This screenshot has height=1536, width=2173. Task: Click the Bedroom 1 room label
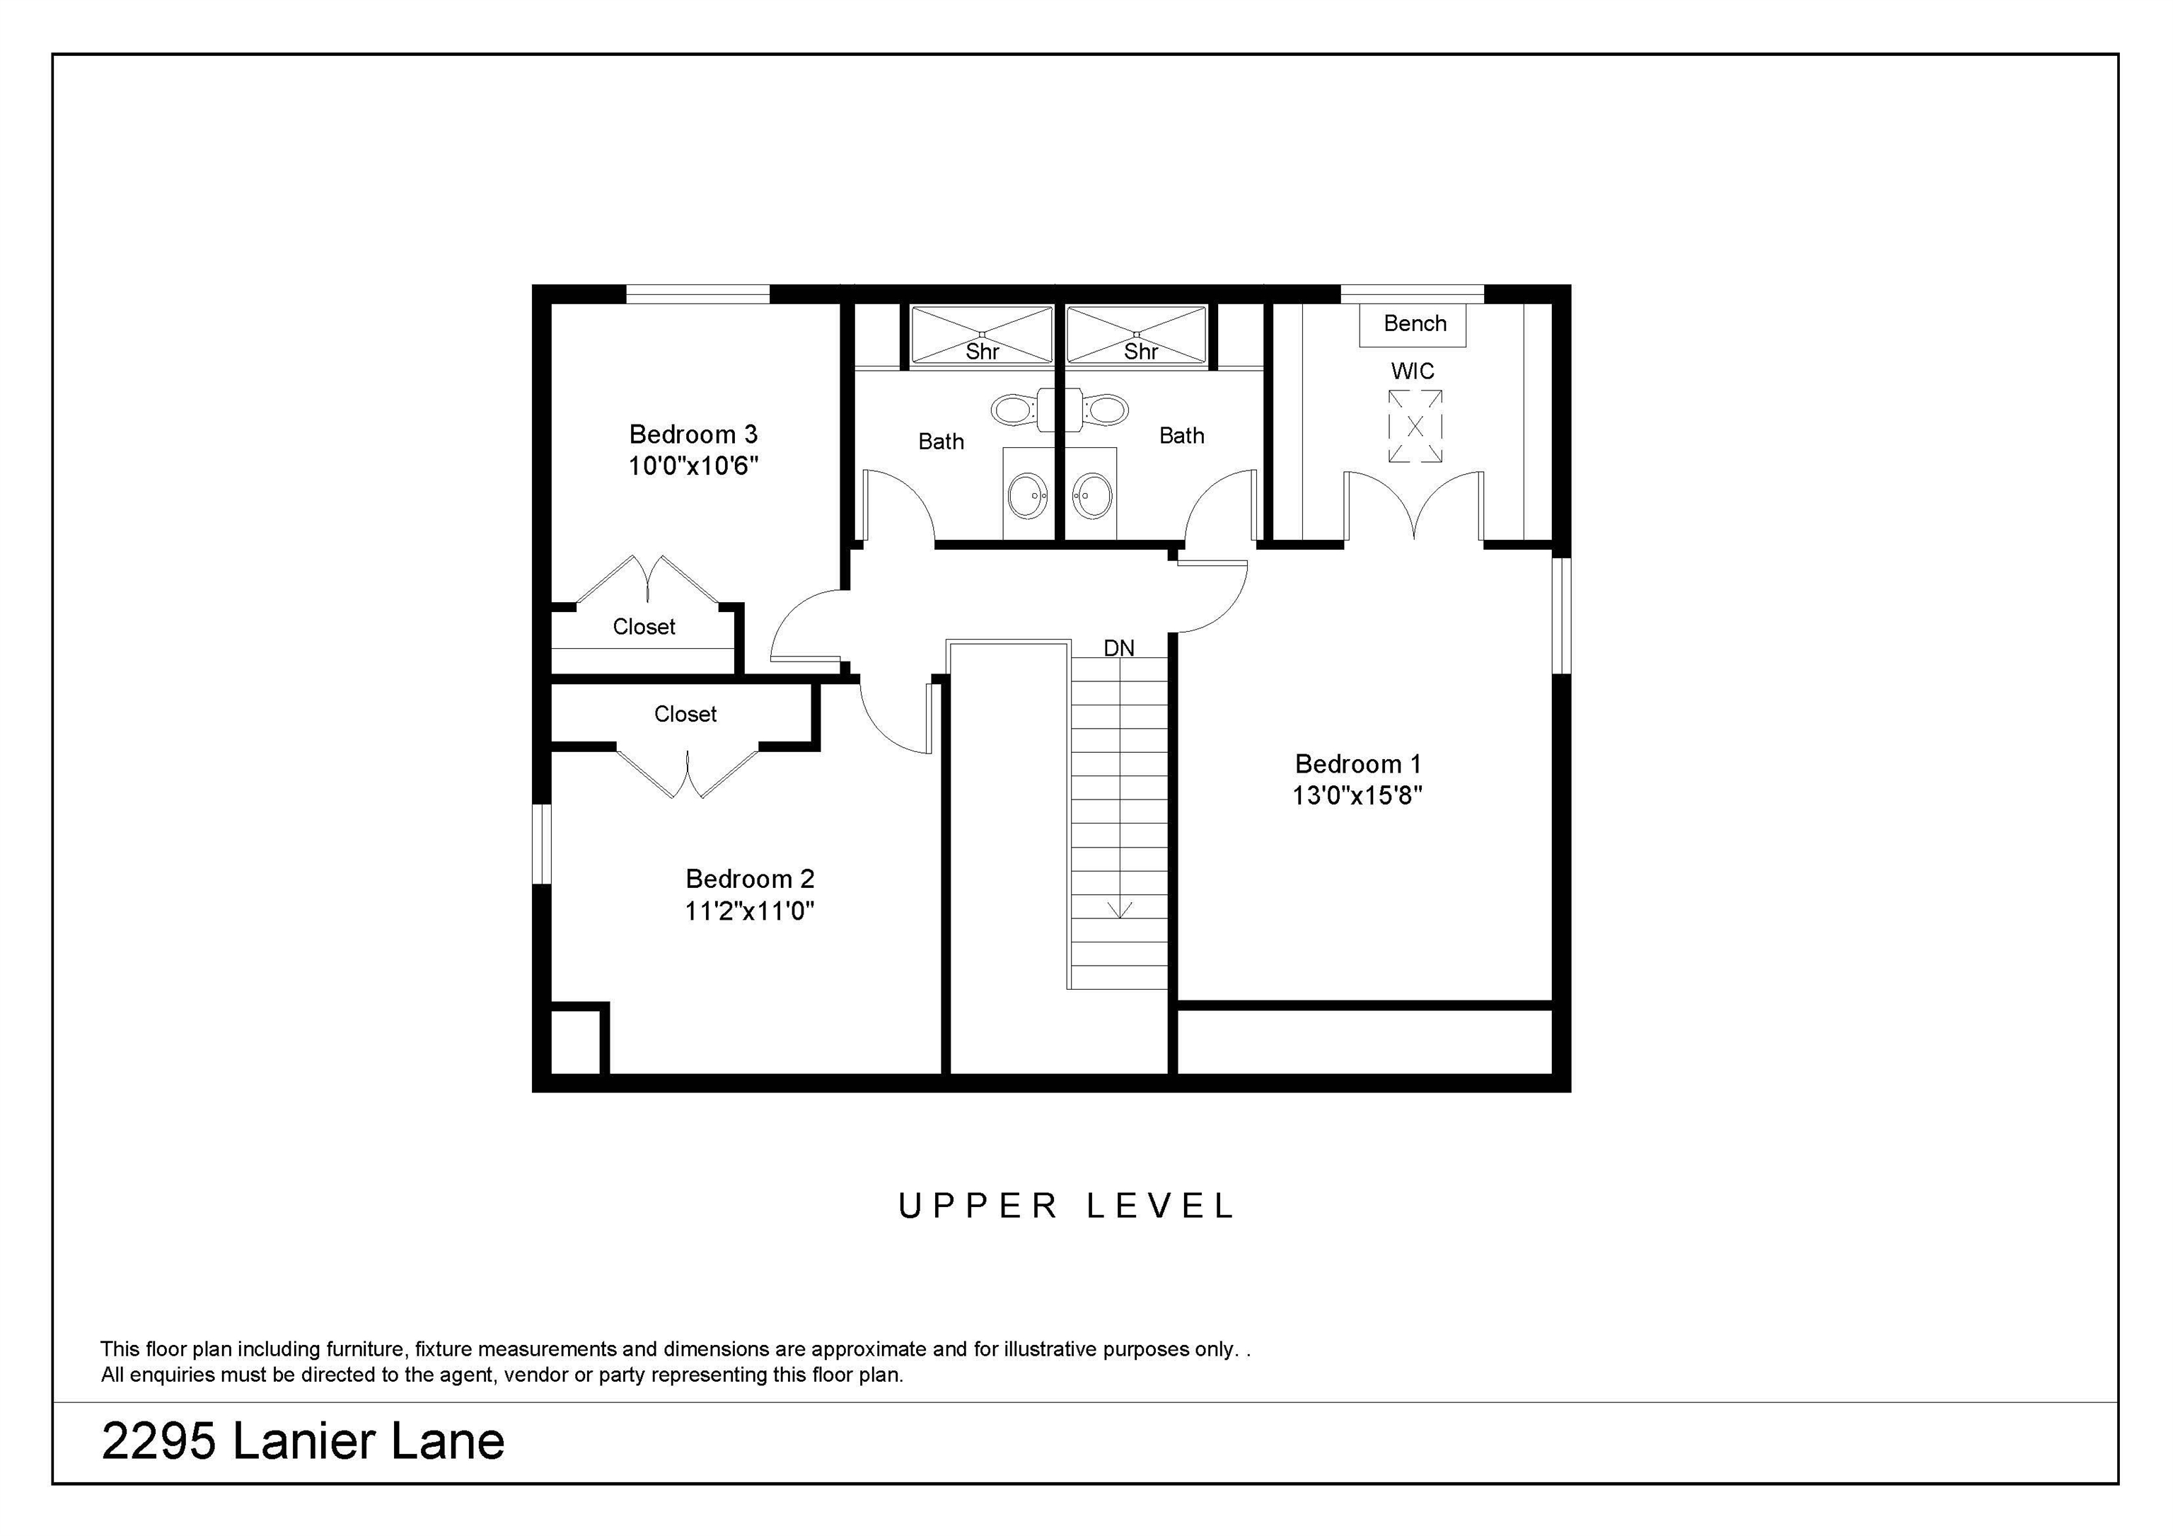(x=1357, y=763)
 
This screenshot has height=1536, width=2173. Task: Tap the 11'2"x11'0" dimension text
(x=750, y=911)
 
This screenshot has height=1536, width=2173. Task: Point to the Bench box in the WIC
(x=1413, y=323)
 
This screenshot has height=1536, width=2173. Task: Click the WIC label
(x=1412, y=371)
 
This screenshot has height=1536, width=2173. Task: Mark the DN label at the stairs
(x=1118, y=648)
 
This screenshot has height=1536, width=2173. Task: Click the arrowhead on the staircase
(x=1120, y=911)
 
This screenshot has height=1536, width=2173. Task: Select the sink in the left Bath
(x=1028, y=495)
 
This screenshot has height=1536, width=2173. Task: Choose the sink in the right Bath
(x=1093, y=495)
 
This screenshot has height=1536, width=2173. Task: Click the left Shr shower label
(x=983, y=352)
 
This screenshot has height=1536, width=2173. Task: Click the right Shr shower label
(x=1140, y=352)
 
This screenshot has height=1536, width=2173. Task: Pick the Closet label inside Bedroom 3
(x=644, y=627)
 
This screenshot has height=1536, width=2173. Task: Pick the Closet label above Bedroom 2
(x=685, y=715)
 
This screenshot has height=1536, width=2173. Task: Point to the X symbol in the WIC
(x=1415, y=427)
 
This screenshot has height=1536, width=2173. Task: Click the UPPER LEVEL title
(x=1067, y=1206)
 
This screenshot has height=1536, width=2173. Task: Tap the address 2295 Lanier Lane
(x=303, y=1441)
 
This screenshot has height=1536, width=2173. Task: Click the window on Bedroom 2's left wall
(x=541, y=843)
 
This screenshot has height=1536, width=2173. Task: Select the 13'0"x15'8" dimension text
(x=1357, y=795)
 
